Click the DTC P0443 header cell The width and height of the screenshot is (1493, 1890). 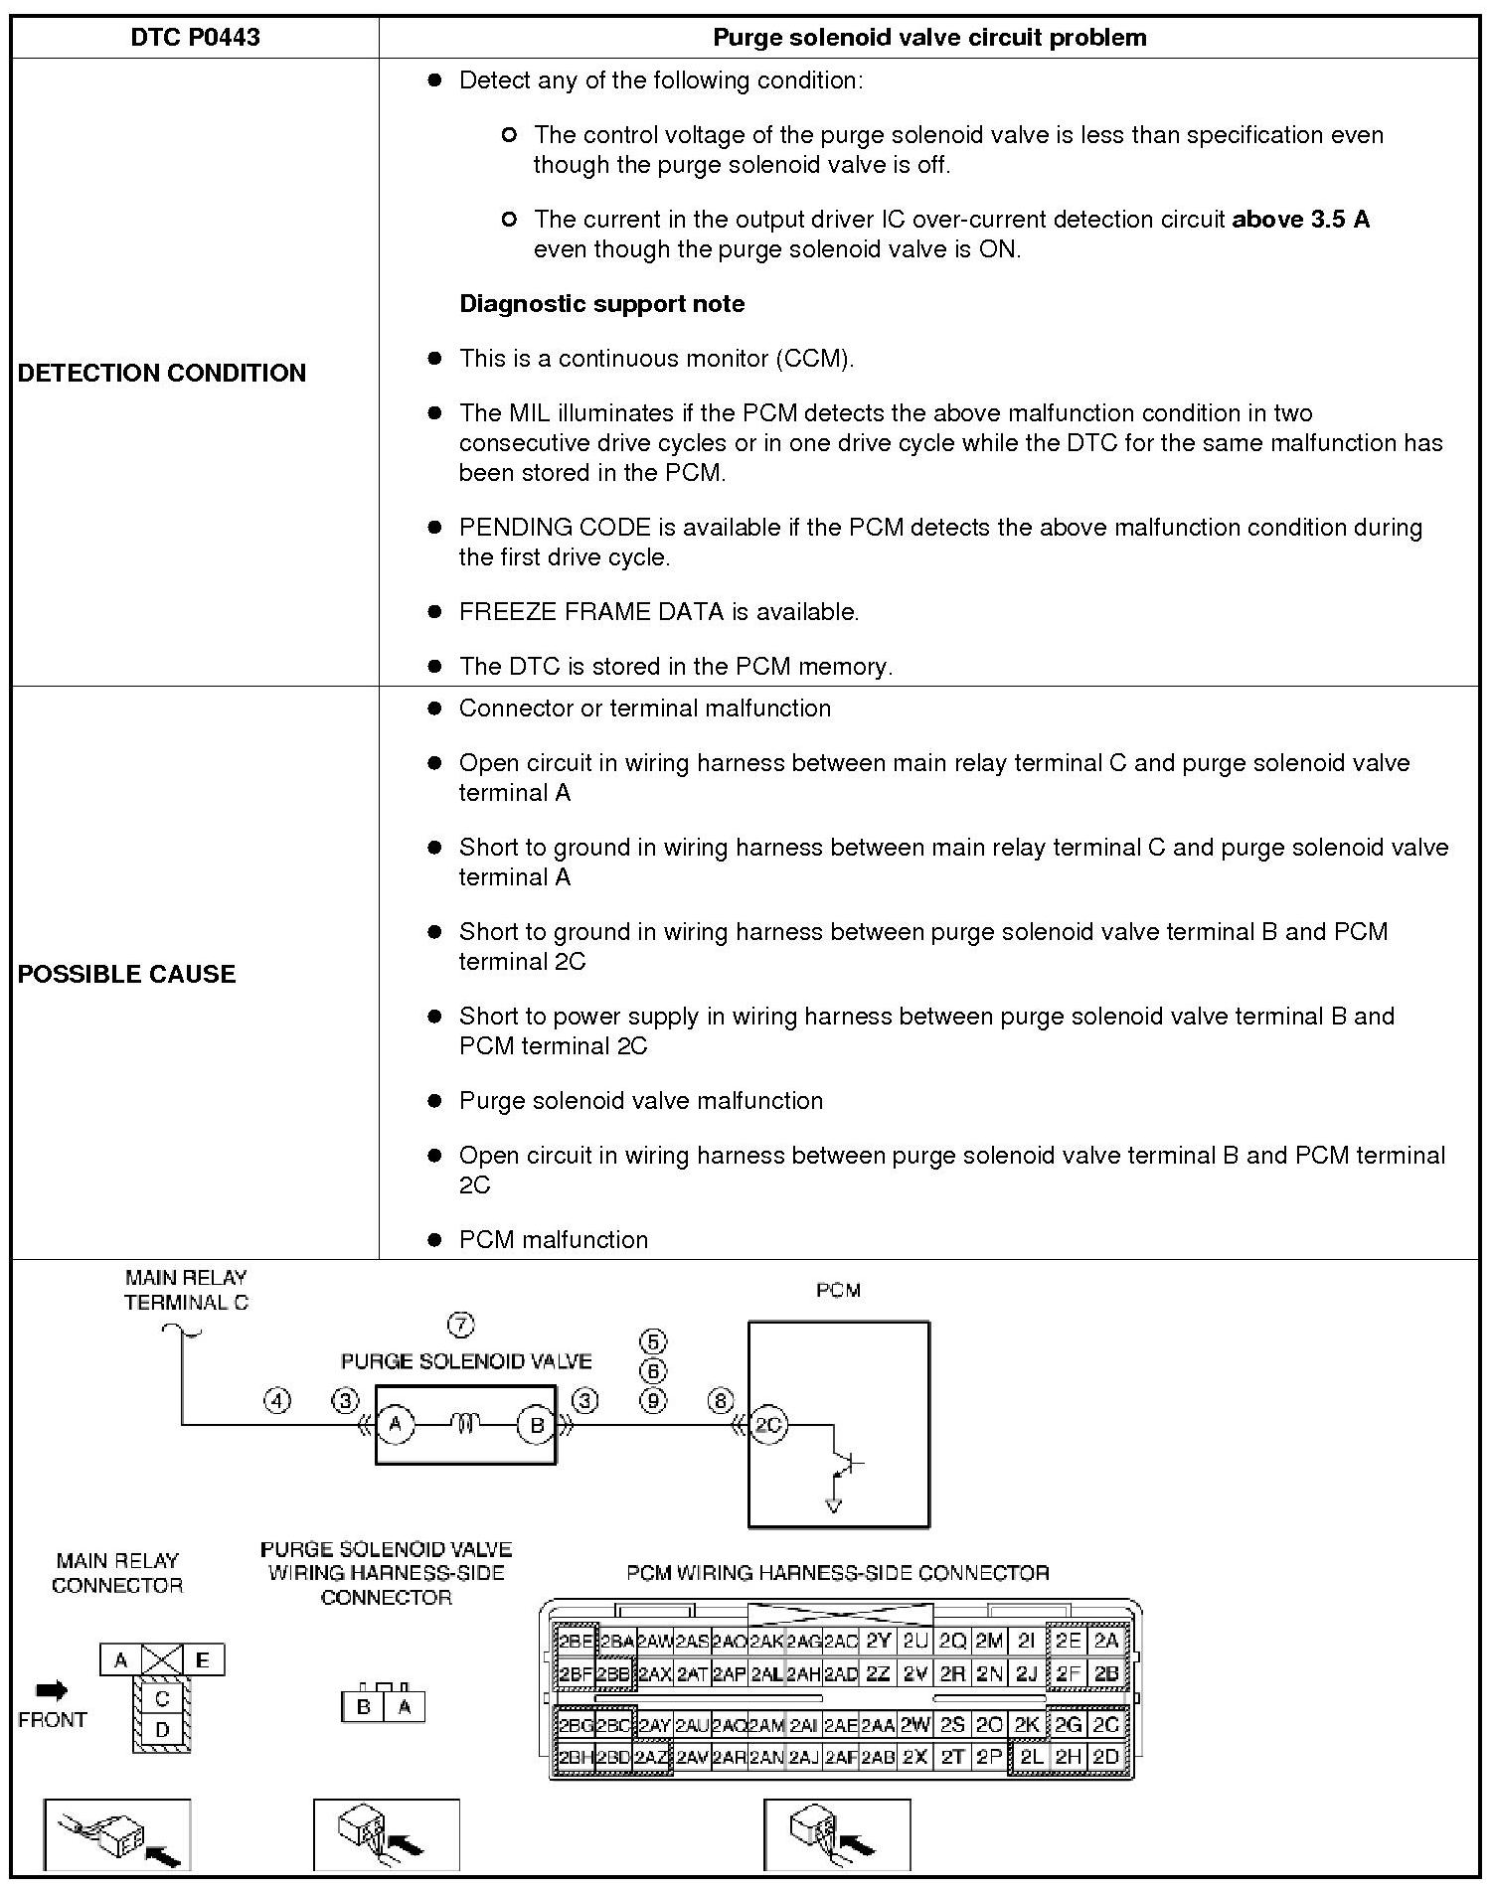pyautogui.click(x=195, y=38)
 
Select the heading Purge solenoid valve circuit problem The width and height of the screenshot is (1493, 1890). pyautogui.click(x=929, y=38)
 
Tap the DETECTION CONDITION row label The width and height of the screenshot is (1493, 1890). pyautogui.click(x=162, y=373)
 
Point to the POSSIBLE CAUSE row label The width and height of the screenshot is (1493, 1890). pyautogui.click(x=127, y=974)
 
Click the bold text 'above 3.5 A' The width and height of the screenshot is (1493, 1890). pyautogui.click(x=1300, y=220)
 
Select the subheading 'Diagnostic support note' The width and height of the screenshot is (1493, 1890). pyautogui.click(x=601, y=304)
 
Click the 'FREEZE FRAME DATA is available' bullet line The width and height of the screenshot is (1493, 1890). pyautogui.click(x=659, y=612)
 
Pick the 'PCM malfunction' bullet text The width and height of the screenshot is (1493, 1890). pyautogui.click(x=554, y=1240)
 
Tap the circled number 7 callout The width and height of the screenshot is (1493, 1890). pyautogui.click(x=461, y=1325)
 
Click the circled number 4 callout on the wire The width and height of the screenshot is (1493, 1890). pyautogui.click(x=276, y=1401)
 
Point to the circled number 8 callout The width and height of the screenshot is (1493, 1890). pyautogui.click(x=720, y=1401)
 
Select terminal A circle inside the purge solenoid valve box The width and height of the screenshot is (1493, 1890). pyautogui.click(x=396, y=1426)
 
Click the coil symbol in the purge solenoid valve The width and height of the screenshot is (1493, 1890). pyautogui.click(x=466, y=1426)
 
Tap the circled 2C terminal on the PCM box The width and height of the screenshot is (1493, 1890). pyautogui.click(x=768, y=1426)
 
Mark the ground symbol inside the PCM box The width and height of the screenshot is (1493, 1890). pyautogui.click(x=833, y=1503)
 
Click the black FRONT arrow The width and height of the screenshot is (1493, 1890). pyautogui.click(x=52, y=1690)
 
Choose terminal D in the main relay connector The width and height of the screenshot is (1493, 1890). pyautogui.click(x=162, y=1730)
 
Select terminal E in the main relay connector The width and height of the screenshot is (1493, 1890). pyautogui.click(x=203, y=1659)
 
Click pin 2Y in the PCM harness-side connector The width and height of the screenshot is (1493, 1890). pyautogui.click(x=878, y=1641)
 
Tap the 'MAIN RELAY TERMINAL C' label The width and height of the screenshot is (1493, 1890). pyautogui.click(x=186, y=1290)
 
